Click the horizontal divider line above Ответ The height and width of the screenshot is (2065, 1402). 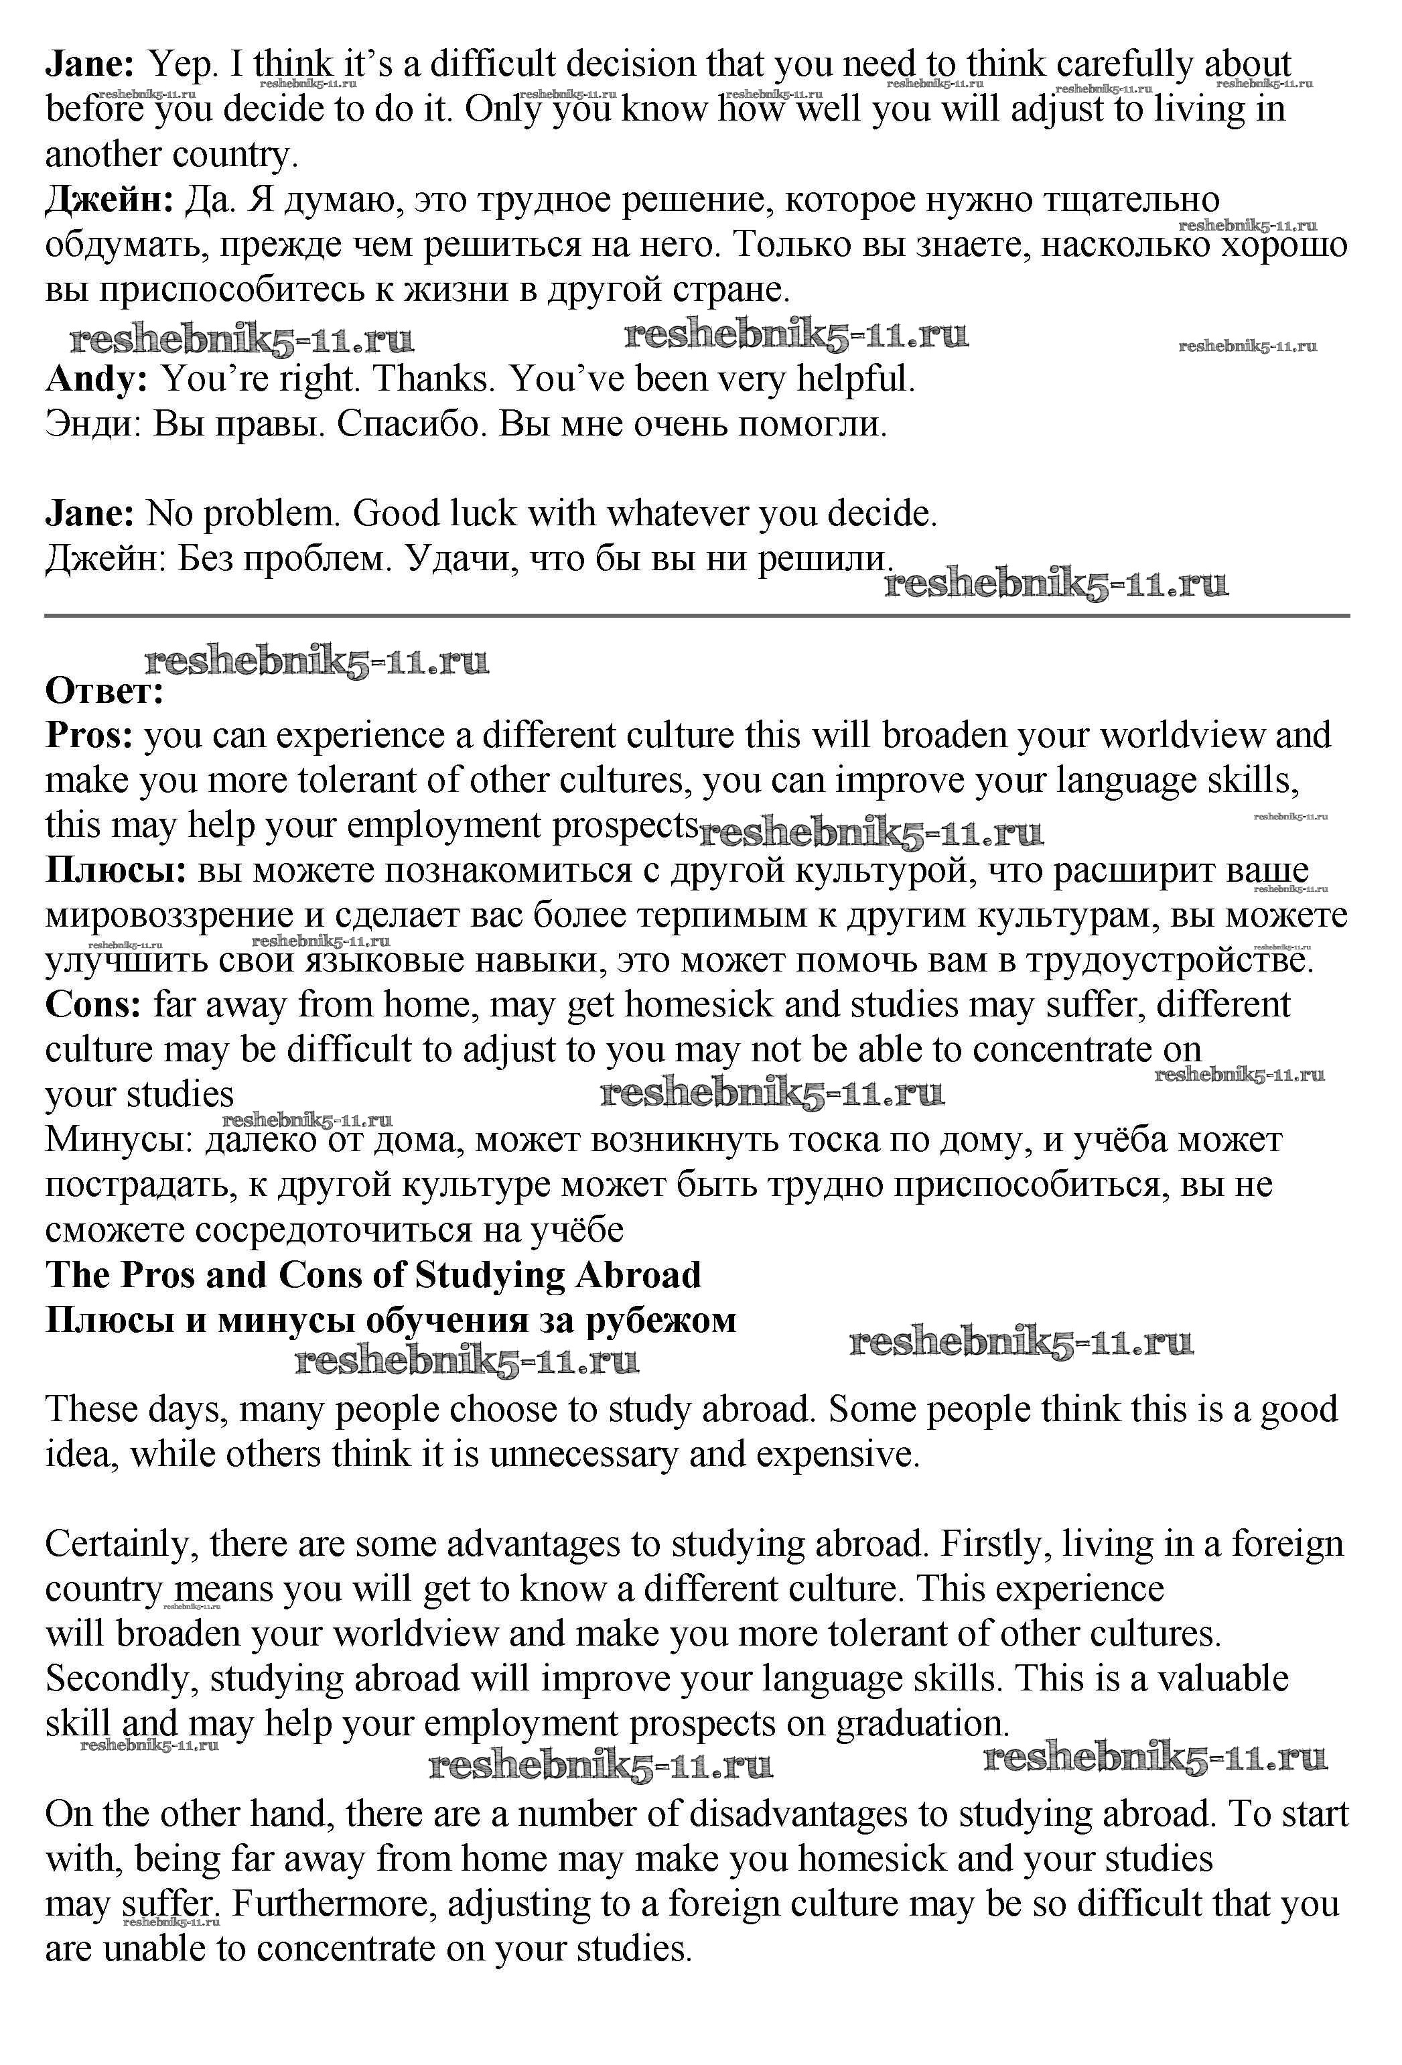697,615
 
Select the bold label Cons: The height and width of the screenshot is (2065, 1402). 93,1005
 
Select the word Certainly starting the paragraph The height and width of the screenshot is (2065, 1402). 122,1544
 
